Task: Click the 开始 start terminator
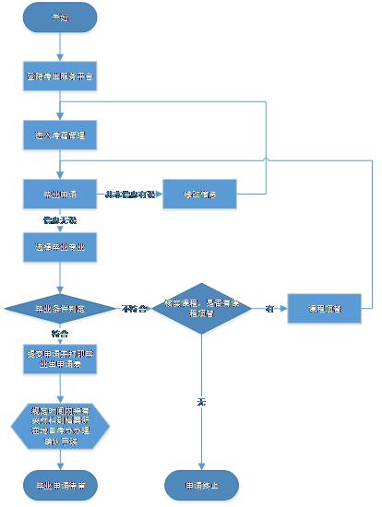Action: coord(60,18)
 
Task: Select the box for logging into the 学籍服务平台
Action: coord(60,77)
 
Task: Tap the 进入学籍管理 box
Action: coord(60,134)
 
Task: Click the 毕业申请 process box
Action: coord(60,195)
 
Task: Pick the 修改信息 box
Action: coord(200,195)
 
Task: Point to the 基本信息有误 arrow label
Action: coord(128,195)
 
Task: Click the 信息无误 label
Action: coord(58,220)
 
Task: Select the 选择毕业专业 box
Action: coord(60,247)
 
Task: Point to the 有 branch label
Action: coord(269,308)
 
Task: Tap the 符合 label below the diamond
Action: coord(59,333)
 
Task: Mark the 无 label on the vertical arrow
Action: coord(201,402)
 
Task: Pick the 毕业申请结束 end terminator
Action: coord(60,484)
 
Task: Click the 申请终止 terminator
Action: coord(200,484)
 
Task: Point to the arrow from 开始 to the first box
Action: coord(60,48)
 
